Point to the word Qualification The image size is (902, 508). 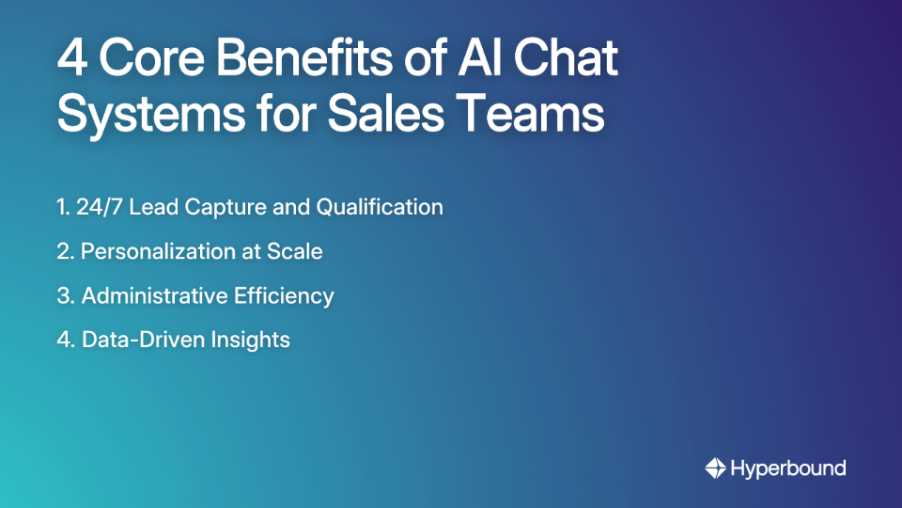point(380,207)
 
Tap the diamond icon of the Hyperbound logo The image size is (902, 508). point(715,468)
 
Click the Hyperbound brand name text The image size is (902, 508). point(788,468)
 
